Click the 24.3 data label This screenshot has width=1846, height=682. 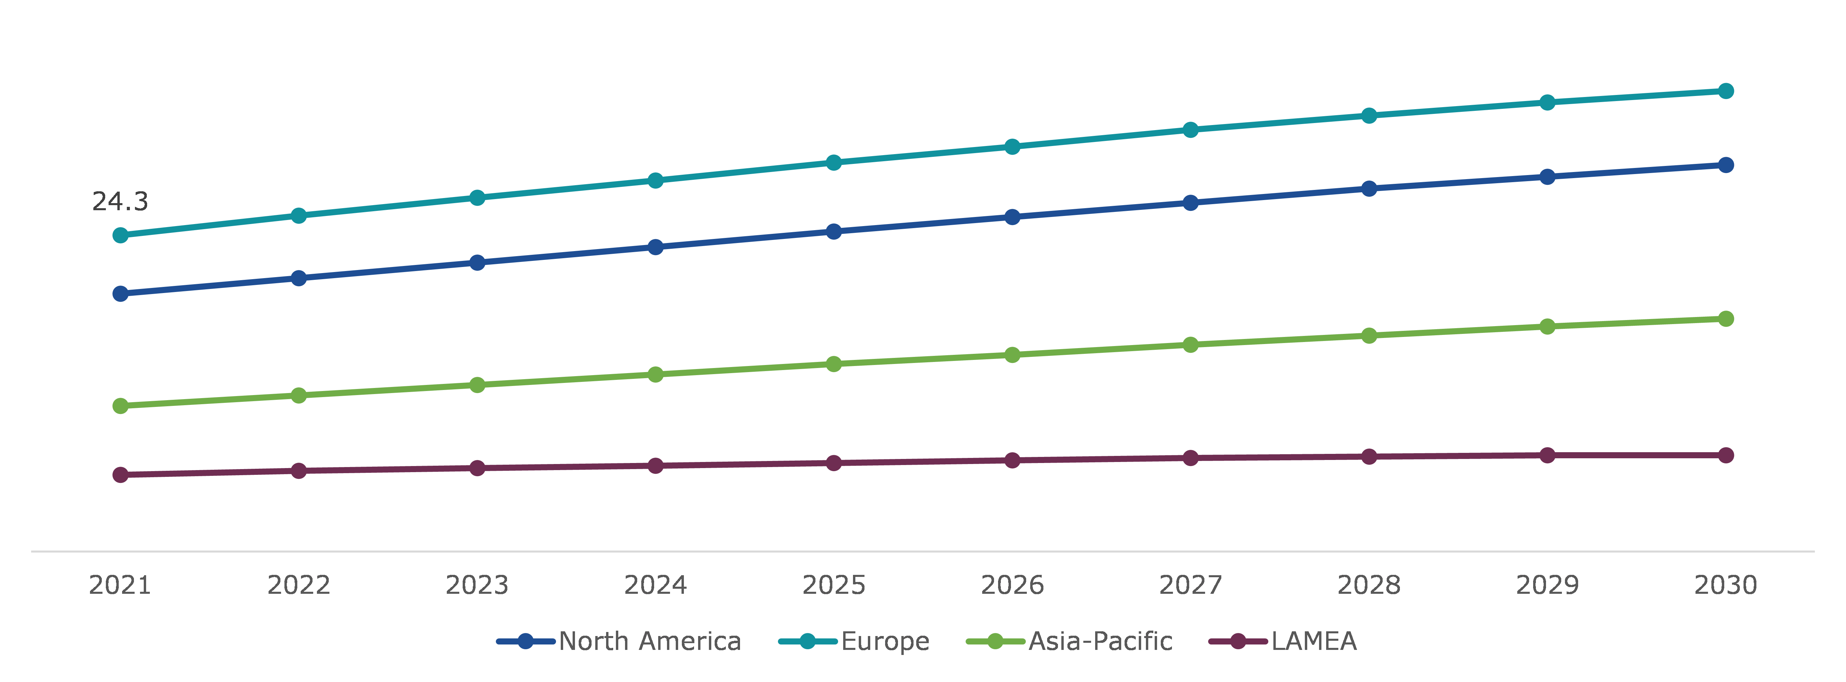coord(120,201)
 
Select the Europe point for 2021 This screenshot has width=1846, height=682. coord(120,236)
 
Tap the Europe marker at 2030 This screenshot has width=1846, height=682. coord(1726,91)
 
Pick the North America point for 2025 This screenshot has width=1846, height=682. coord(833,232)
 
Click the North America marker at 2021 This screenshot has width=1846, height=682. coord(120,294)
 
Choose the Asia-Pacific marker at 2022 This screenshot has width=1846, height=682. coord(299,395)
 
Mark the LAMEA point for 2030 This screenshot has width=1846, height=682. coord(1726,455)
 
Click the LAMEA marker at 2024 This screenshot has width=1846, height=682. coord(655,466)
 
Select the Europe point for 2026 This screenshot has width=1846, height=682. coord(1012,147)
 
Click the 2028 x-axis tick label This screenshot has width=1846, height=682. coord(1369,585)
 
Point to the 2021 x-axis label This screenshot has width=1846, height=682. coord(120,585)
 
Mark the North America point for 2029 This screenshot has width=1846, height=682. coord(1547,176)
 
